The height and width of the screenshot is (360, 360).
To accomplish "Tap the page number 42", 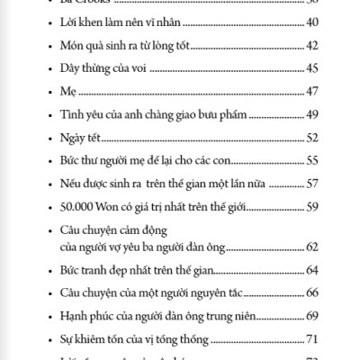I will [x=313, y=44].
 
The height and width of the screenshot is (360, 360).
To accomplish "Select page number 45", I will [x=313, y=68].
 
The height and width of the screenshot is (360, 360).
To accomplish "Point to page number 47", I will [x=313, y=92].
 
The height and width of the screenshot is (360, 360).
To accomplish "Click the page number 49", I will [x=313, y=115].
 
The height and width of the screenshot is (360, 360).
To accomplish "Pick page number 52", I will [x=313, y=139].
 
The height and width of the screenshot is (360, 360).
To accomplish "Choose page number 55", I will [x=313, y=162].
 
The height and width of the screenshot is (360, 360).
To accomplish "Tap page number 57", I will [x=313, y=184].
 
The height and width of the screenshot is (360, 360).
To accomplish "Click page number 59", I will [x=313, y=208].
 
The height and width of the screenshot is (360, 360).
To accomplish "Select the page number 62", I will [x=313, y=247].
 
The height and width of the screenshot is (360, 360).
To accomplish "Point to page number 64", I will [x=313, y=270].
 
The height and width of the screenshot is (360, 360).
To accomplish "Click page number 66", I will [x=313, y=293].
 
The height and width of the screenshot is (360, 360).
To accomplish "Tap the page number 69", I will [x=313, y=317].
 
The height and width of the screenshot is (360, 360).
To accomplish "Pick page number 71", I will [x=313, y=339].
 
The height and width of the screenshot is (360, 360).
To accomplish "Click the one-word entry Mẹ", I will [x=63, y=92].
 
